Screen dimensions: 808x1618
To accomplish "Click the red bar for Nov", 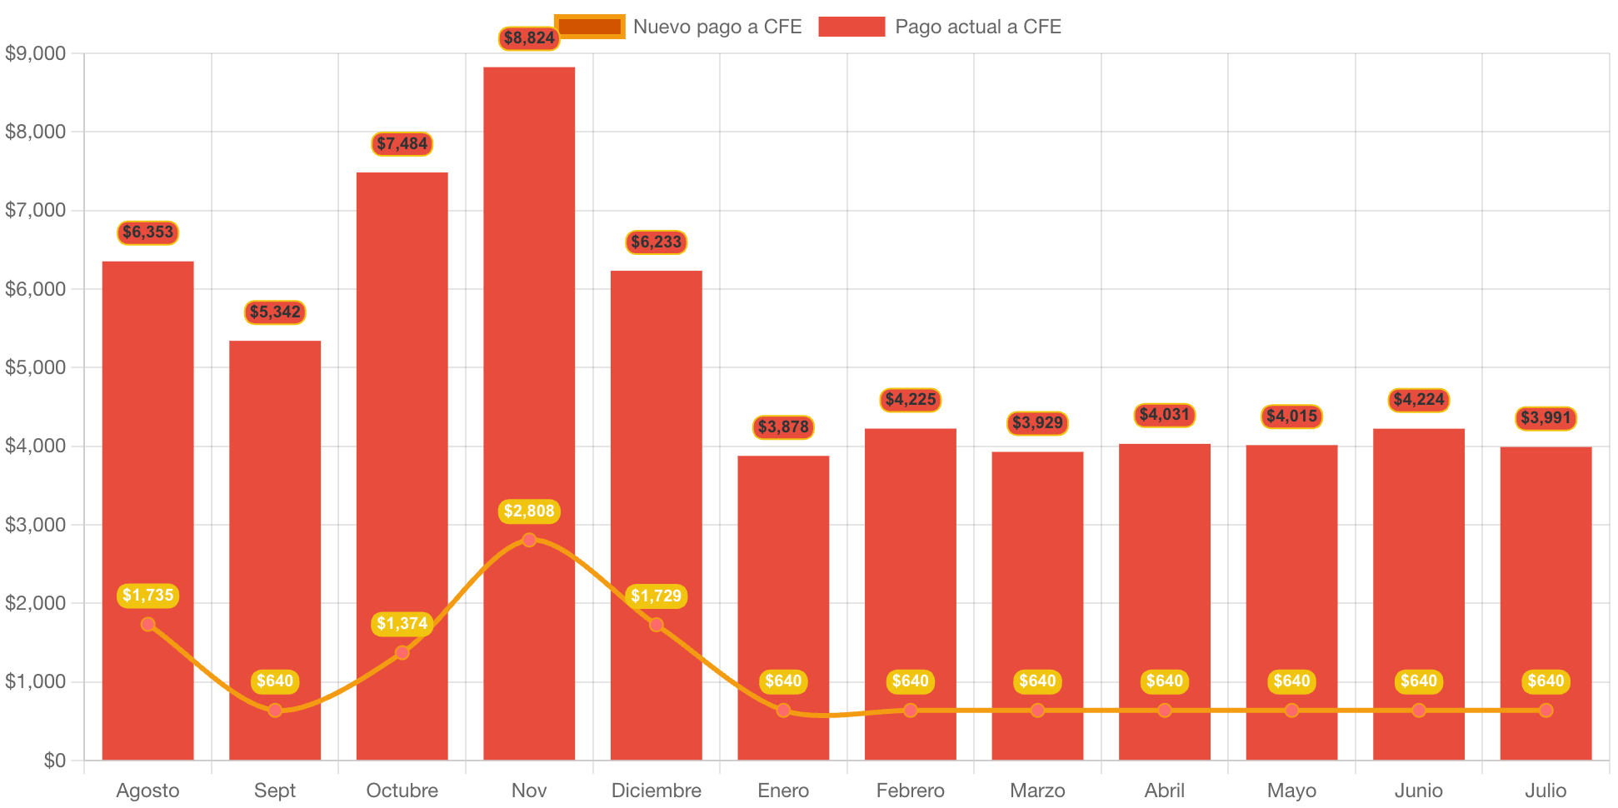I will [x=529, y=333].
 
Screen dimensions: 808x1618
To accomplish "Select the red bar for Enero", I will [x=783, y=583].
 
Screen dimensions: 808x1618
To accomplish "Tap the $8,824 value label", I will [x=529, y=37].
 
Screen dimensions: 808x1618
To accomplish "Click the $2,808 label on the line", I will [x=529, y=511].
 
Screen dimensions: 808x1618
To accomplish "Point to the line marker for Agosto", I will [x=148, y=624].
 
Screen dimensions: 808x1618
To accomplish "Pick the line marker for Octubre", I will [x=402, y=652].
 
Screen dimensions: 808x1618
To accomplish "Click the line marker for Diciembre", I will [x=657, y=625].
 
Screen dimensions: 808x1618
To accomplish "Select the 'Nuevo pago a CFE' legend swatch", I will [x=589, y=27].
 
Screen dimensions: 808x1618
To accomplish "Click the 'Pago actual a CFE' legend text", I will [x=978, y=27].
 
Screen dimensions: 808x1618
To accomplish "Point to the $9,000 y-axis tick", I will [x=35, y=53].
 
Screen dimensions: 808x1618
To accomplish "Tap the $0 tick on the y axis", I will [x=55, y=760].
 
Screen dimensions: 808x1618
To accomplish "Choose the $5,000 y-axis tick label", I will [x=35, y=367].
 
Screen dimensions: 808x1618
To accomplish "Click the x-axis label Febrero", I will [x=911, y=790].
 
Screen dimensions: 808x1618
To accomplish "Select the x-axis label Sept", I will [x=275, y=790].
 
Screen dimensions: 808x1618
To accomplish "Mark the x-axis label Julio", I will [x=1546, y=790].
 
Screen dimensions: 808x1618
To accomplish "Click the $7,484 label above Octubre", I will [x=402, y=143].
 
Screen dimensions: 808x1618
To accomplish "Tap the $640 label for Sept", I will [x=275, y=681].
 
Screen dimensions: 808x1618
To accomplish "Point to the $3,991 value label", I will [x=1546, y=417].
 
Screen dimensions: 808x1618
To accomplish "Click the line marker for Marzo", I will [x=1037, y=711].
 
